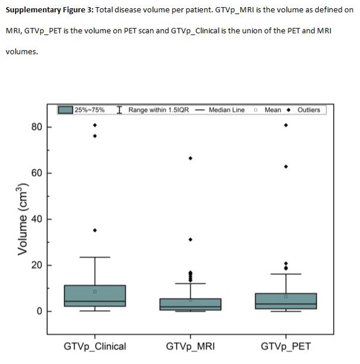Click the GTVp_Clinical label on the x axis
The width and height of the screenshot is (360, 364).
[x=95, y=347]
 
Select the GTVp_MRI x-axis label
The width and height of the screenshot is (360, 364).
[x=191, y=347]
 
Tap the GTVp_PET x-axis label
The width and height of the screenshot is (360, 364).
[x=286, y=347]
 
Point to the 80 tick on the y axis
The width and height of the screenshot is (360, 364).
[x=37, y=127]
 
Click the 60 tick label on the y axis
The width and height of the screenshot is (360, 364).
[x=37, y=173]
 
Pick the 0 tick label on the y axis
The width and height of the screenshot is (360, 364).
[x=40, y=311]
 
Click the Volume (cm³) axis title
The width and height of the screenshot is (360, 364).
[x=23, y=219]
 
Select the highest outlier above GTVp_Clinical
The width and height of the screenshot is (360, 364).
[x=95, y=125]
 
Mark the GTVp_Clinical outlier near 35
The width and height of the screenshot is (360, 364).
[x=95, y=230]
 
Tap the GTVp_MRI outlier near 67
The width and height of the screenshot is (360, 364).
[x=191, y=158]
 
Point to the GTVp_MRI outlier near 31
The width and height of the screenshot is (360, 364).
[x=191, y=239]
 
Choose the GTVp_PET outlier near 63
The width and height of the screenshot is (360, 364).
[x=286, y=166]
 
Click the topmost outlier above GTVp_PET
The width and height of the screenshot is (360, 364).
[x=286, y=125]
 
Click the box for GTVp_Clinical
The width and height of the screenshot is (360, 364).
[x=95, y=296]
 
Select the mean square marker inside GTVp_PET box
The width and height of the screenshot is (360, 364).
[x=286, y=297]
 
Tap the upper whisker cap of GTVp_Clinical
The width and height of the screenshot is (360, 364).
[x=95, y=257]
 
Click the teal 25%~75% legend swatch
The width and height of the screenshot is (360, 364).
[x=65, y=110]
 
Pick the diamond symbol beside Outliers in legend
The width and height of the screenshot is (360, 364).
[x=289, y=110]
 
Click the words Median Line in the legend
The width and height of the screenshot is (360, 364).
[x=227, y=110]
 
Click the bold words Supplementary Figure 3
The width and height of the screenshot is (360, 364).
[x=50, y=10]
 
